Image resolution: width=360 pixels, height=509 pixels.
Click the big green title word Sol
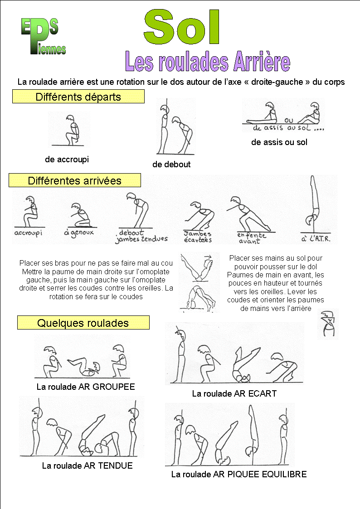182,27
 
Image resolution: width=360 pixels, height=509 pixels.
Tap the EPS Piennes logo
44,36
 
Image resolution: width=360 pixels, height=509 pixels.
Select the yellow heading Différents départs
78,97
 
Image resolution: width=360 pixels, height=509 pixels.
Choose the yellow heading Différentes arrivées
75,180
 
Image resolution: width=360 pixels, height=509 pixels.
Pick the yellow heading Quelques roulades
83,323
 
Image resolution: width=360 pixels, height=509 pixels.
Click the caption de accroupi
67,160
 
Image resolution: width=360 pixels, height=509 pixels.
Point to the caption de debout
171,164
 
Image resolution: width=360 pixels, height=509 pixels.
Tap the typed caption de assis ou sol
279,142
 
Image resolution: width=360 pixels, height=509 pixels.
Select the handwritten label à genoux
79,233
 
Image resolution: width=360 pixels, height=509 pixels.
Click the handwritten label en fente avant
252,238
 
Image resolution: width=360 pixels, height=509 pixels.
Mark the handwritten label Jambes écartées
198,237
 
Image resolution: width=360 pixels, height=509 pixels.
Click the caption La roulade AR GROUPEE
86,387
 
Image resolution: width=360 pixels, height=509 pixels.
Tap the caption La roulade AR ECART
234,393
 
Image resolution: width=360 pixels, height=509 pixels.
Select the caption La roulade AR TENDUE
88,465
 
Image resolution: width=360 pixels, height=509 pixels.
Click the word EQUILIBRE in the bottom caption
284,474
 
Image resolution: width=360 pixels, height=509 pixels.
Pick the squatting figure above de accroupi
72,130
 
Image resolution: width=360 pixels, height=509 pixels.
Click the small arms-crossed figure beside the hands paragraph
328,324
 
